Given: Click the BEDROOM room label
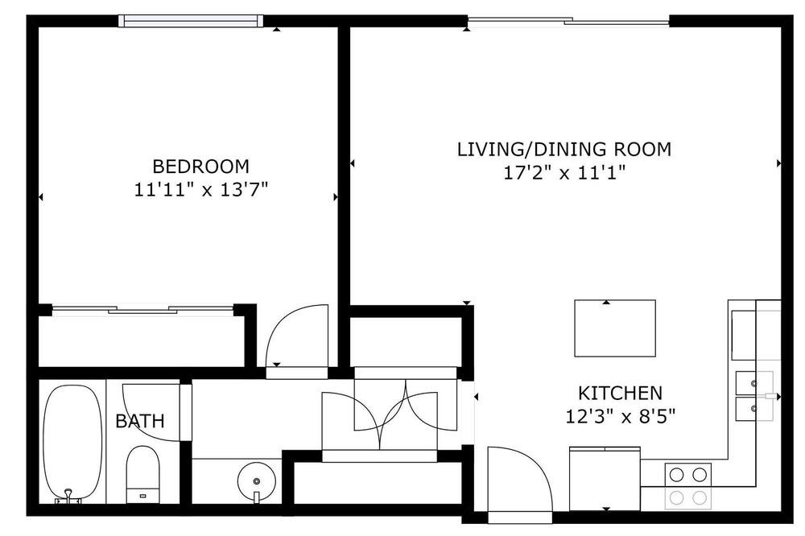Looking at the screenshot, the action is click(x=200, y=167).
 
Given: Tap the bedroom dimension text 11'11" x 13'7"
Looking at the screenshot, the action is click(x=201, y=191).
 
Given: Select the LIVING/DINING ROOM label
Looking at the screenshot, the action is click(x=564, y=150).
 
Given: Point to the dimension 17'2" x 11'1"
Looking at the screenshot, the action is click(x=564, y=173).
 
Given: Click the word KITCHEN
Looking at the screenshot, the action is click(x=620, y=394).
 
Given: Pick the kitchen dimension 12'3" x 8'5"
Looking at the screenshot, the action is click(x=620, y=416).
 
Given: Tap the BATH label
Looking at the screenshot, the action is click(x=139, y=422).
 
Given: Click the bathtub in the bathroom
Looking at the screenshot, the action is click(x=72, y=443).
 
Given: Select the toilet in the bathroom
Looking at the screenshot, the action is click(x=142, y=474).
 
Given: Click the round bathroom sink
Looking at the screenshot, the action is click(x=257, y=481).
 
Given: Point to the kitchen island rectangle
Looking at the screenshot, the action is click(x=614, y=328).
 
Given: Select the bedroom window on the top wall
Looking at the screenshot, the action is click(x=191, y=21).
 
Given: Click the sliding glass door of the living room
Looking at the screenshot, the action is click(x=568, y=21).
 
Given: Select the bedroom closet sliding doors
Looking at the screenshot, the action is click(x=143, y=310).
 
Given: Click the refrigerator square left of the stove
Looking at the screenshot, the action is click(x=605, y=479).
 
